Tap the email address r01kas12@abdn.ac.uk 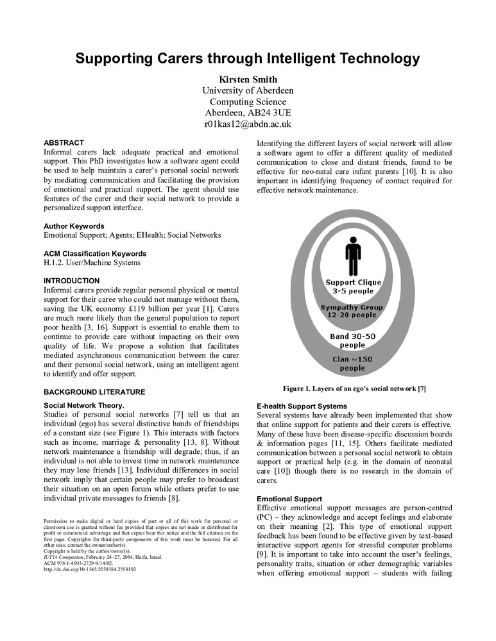pyautogui.click(x=248, y=124)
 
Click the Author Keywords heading pyautogui.click(x=74, y=226)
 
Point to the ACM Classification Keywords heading pyautogui.click(x=95, y=253)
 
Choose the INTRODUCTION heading pyautogui.click(x=71, y=281)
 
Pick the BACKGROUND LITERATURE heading pyautogui.click(x=94, y=392)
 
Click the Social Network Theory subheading pyautogui.click(x=84, y=405)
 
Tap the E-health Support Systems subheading pyautogui.click(x=302, y=406)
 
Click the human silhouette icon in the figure pyautogui.click(x=352, y=256)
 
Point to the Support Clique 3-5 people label pyautogui.click(x=353, y=287)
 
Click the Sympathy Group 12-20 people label pyautogui.click(x=352, y=312)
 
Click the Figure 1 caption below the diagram pyautogui.click(x=355, y=388)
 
